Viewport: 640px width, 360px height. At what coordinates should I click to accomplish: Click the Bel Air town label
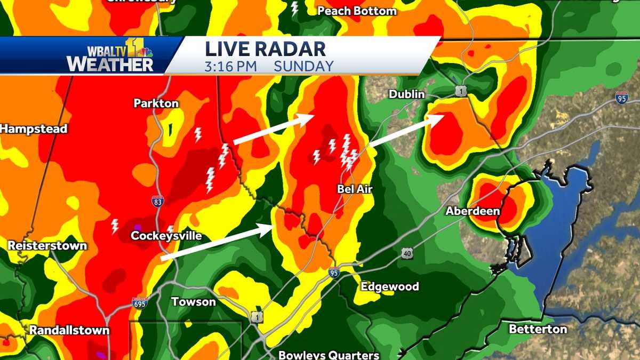click(354, 189)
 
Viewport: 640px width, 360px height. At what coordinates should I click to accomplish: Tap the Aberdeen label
click(473, 211)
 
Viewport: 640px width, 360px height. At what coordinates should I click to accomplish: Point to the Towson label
click(194, 302)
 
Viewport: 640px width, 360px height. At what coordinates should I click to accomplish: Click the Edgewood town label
click(390, 286)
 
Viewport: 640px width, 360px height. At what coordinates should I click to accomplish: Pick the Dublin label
click(406, 94)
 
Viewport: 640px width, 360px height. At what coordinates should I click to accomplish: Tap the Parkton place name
click(156, 103)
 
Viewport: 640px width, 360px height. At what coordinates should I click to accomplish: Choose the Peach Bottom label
click(357, 11)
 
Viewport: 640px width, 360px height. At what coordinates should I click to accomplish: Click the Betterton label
click(538, 329)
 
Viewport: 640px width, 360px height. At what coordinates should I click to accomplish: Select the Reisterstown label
click(47, 246)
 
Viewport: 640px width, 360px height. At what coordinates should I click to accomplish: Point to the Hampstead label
click(33, 129)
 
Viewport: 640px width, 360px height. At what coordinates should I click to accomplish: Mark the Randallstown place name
click(69, 330)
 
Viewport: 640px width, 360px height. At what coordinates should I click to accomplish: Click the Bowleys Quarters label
click(329, 355)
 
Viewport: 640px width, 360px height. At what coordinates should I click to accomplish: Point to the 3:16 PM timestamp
click(231, 66)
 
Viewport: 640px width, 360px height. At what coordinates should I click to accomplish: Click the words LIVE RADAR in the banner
click(265, 49)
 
